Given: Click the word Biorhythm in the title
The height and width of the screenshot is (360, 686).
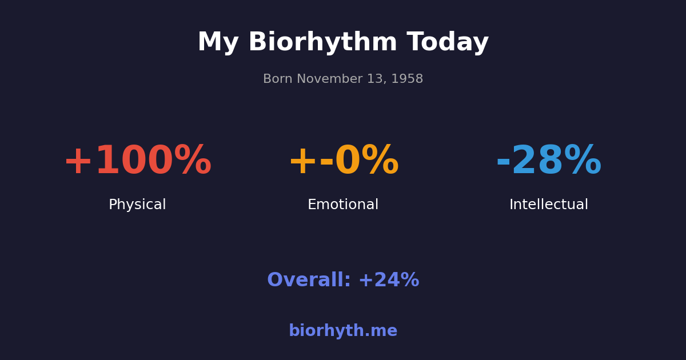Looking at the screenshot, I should pos(322,43).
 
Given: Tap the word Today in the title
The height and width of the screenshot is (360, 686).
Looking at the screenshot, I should pos(448,43).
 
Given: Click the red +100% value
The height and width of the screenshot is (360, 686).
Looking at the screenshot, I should pos(137,162).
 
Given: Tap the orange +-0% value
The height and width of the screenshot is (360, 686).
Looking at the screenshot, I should pos(343,162).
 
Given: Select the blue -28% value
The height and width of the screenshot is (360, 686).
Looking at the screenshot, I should pos(549,162).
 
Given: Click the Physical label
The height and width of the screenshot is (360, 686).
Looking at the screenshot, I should pos(137,205).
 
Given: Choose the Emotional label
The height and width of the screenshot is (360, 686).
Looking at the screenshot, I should pos(343,205).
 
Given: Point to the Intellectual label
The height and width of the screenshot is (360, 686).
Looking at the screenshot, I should pos(549,205).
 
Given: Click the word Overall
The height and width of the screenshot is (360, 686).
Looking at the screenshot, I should pos(309,281).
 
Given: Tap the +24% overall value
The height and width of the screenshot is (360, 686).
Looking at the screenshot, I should pos(389,281).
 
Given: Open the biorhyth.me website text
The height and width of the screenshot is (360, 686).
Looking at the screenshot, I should pos(343,331).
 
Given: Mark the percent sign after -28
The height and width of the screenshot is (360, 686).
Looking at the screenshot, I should pos(583,162).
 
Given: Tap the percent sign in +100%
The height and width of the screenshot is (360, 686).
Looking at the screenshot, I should pos(193,162).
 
